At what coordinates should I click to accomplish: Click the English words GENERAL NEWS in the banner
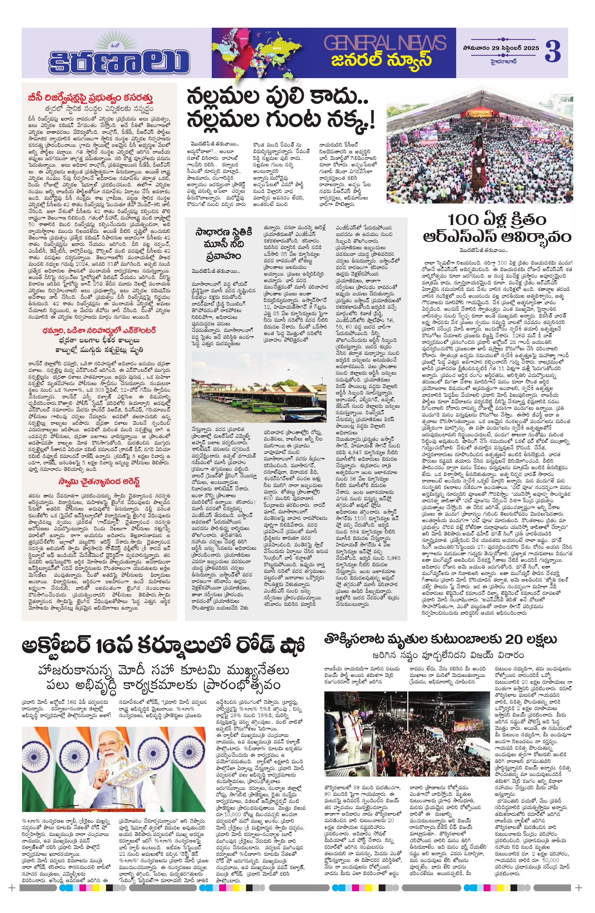[x=385, y=42]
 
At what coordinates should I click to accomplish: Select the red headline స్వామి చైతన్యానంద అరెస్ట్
[x=99, y=481]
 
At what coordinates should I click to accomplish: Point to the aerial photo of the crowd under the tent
[x=479, y=153]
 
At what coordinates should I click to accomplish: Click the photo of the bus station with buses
[x=259, y=387]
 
